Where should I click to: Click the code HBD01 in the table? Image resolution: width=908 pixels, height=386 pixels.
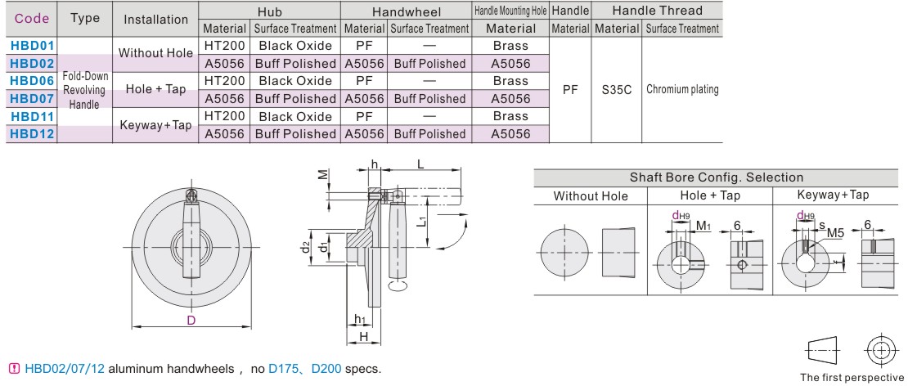pyautogui.click(x=32, y=46)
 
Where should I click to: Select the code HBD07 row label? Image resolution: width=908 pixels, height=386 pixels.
pyautogui.click(x=32, y=99)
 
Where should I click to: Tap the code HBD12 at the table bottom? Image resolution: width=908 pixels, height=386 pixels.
pyautogui.click(x=32, y=134)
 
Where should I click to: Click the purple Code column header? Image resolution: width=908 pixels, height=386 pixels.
pyautogui.click(x=32, y=19)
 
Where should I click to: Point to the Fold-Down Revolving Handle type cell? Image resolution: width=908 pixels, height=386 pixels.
pyautogui.click(x=84, y=90)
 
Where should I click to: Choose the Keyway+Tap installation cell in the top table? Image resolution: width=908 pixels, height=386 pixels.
pyautogui.click(x=155, y=125)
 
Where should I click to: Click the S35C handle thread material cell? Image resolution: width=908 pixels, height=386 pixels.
pyautogui.click(x=616, y=90)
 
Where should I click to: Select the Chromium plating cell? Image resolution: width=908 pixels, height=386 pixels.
pyautogui.click(x=682, y=90)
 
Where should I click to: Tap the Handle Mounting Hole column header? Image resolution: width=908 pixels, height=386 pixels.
pyautogui.click(x=510, y=11)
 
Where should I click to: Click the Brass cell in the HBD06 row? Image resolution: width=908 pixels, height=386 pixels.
pyautogui.click(x=510, y=81)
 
